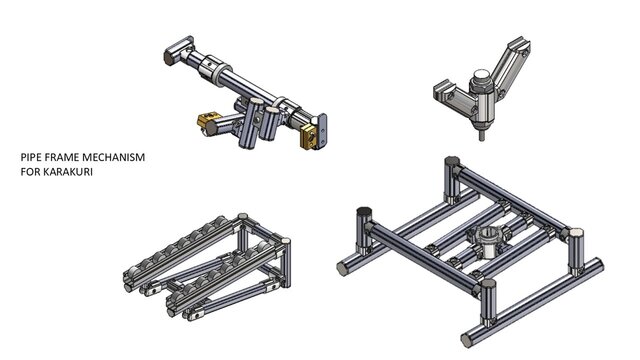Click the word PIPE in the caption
coord(32,158)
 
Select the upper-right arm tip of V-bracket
coord(519,45)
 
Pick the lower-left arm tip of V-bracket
coord(437,91)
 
